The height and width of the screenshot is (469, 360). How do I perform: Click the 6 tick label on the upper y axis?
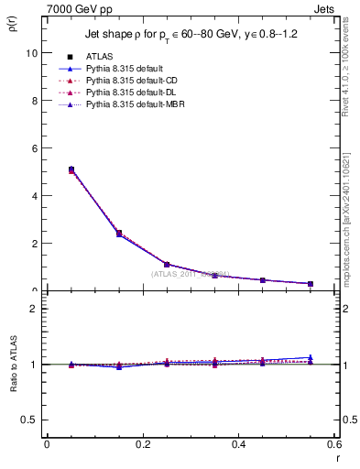point(34,148)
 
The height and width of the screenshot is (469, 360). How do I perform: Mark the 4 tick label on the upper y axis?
point(34,196)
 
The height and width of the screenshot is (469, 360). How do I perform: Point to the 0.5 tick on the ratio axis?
point(29,420)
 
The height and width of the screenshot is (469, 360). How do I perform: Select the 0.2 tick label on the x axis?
point(142,444)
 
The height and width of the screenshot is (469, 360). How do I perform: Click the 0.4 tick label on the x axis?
point(238,444)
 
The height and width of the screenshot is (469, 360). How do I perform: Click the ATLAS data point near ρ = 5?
point(71,169)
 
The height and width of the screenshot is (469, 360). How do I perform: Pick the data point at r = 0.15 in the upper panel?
point(119,234)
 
